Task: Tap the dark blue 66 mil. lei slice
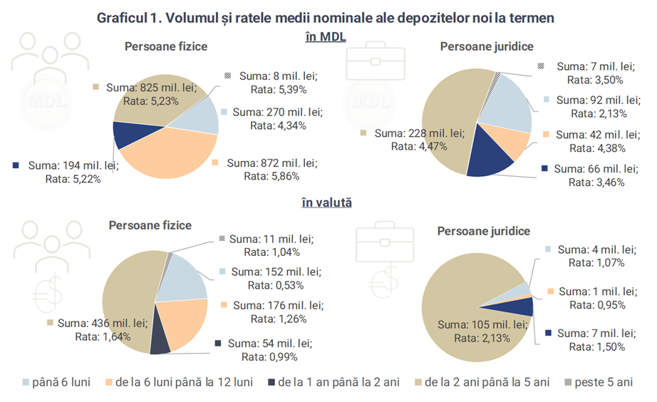(492, 159)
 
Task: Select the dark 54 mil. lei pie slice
(160, 342)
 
